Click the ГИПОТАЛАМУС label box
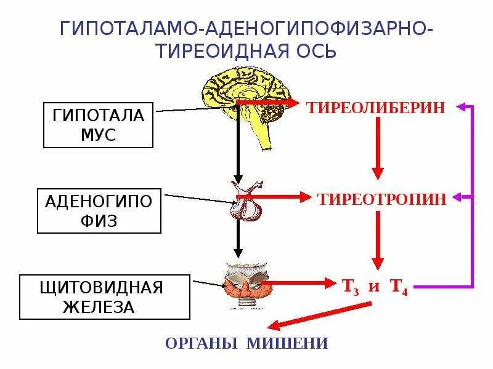click(98, 125)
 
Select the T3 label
click(349, 287)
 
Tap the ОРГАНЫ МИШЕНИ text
click(246, 343)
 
